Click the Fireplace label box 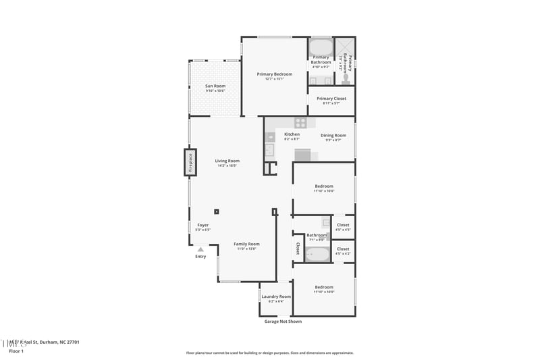tap(190, 163)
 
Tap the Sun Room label tap(215, 86)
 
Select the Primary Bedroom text tap(275, 74)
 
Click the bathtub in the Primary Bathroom tap(321, 47)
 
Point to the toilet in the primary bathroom tap(346, 78)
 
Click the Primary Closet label tap(331, 99)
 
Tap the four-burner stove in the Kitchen tap(300, 123)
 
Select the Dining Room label tap(333, 135)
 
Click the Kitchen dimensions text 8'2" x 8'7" tap(292, 140)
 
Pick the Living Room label tap(227, 161)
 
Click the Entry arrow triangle tap(200, 249)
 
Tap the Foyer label tap(202, 225)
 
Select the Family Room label tap(246, 244)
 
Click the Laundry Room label tap(275, 297)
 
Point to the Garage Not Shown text tap(283, 322)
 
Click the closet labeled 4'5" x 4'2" tap(343, 251)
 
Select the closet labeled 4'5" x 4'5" tap(343, 226)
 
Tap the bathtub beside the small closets tap(317, 254)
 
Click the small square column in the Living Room tap(217, 210)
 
